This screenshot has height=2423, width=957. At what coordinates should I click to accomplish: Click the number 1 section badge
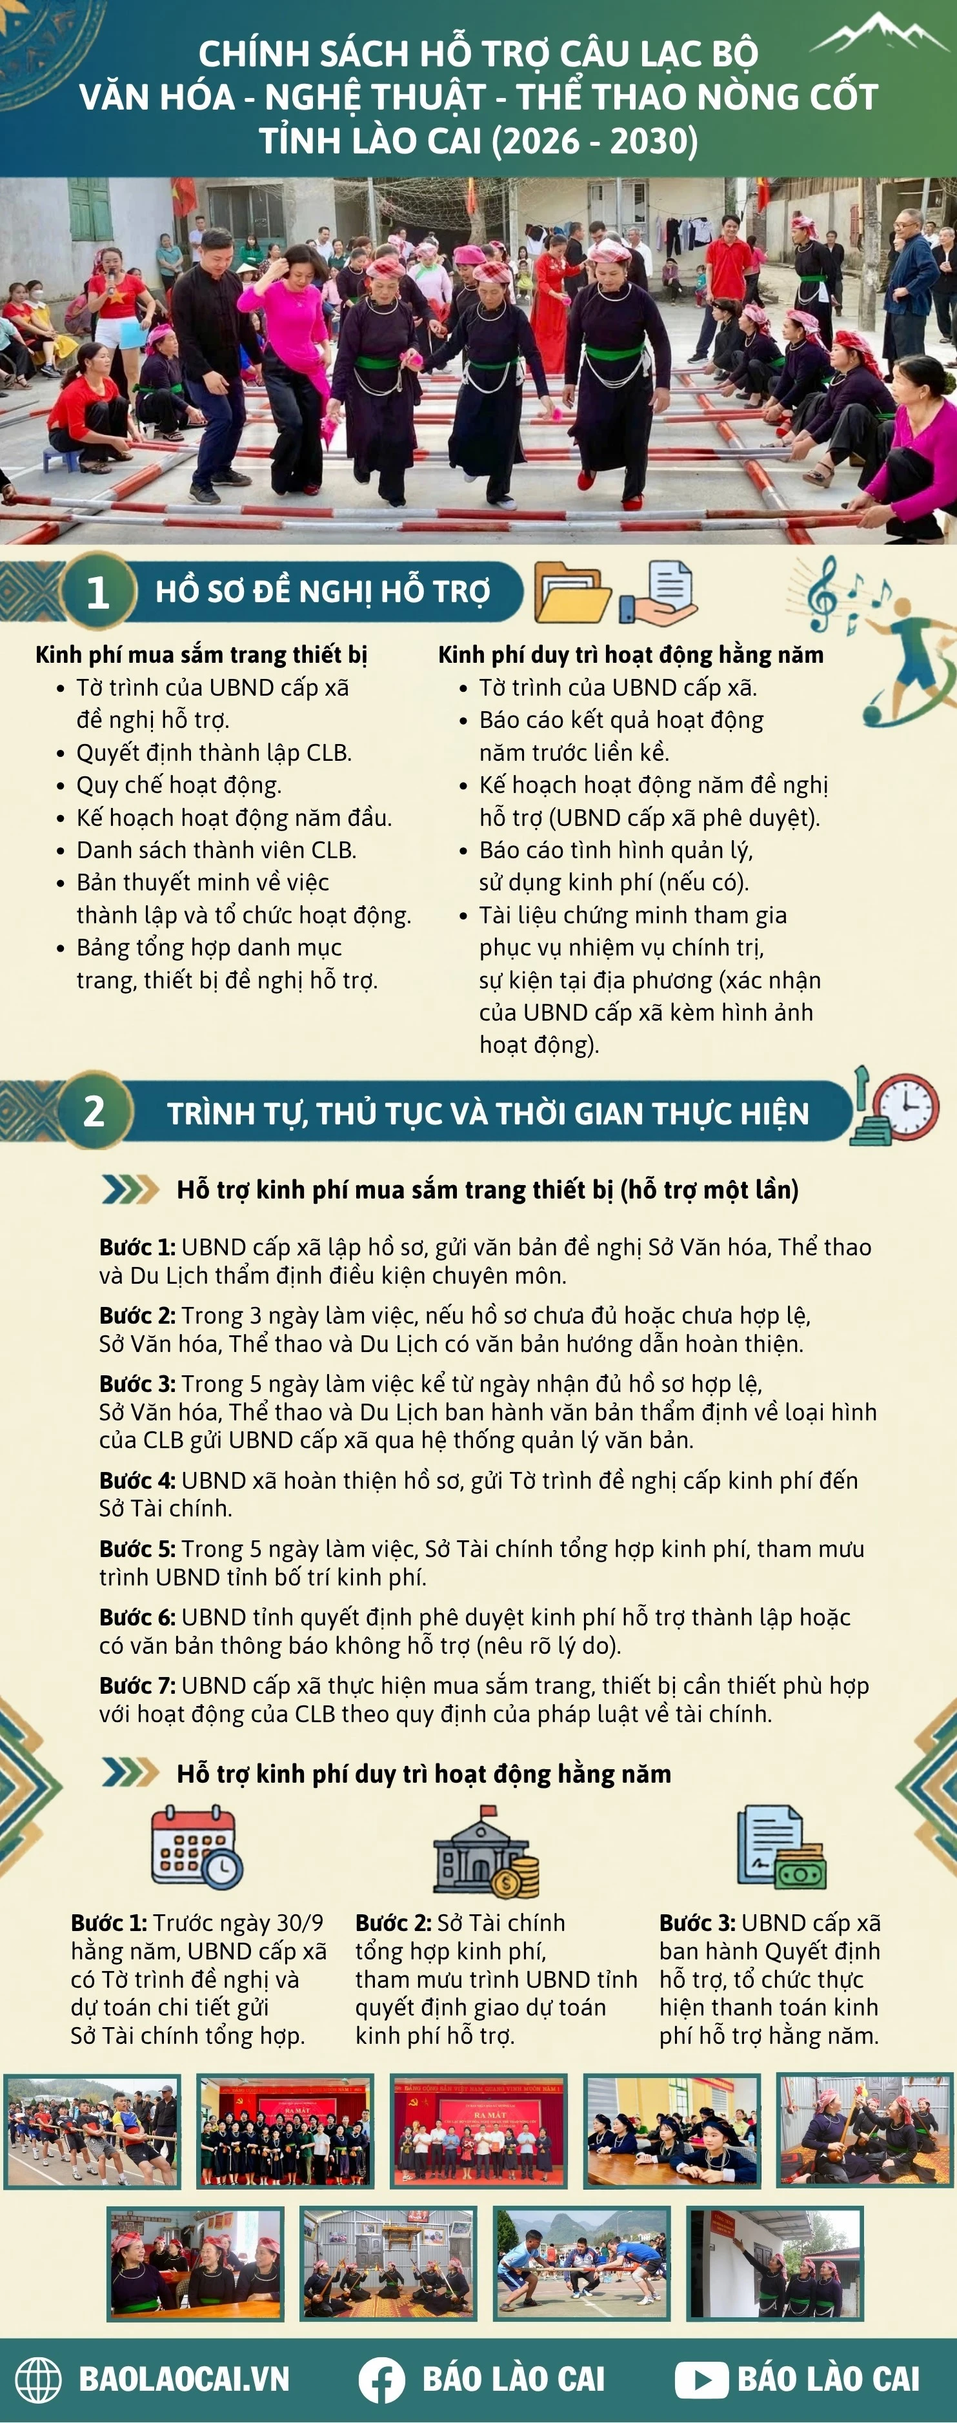97,592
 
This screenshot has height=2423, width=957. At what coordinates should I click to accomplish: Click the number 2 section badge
94,1111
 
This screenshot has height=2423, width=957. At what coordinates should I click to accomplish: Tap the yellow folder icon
571,592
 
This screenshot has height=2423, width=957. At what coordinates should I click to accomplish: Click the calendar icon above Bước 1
196,1847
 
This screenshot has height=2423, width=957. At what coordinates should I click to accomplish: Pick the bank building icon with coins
485,1850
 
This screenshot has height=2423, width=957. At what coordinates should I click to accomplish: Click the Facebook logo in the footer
382,2380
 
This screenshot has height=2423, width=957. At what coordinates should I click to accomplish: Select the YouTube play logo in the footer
701,2380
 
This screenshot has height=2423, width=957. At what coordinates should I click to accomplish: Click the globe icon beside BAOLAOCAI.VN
39,2380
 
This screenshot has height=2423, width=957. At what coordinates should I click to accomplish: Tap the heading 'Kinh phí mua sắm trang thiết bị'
201,654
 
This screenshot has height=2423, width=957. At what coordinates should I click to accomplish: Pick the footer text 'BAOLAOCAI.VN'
183,2380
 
